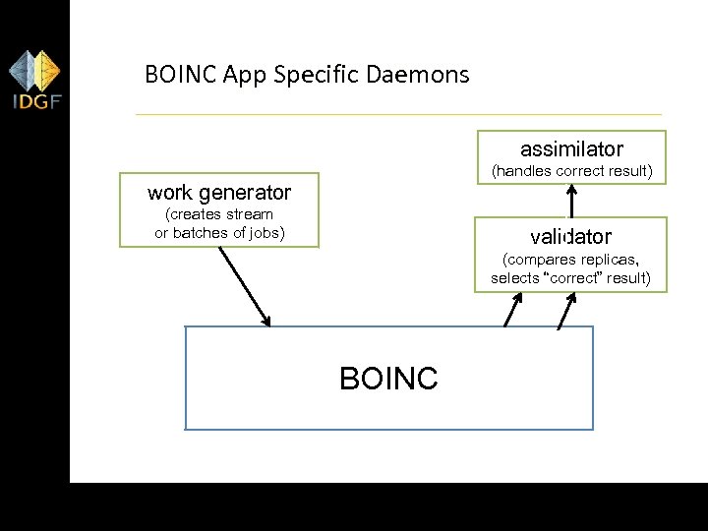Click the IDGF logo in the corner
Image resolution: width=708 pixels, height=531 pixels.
35,82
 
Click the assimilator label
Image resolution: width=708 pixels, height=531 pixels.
571,149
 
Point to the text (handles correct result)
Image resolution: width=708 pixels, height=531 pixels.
571,171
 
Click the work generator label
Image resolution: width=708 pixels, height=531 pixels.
219,192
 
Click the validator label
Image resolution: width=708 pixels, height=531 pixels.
570,237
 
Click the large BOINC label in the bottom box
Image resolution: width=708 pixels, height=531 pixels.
388,379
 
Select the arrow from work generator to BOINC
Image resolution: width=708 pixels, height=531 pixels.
244,285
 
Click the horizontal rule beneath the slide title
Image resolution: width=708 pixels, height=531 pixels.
398,115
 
